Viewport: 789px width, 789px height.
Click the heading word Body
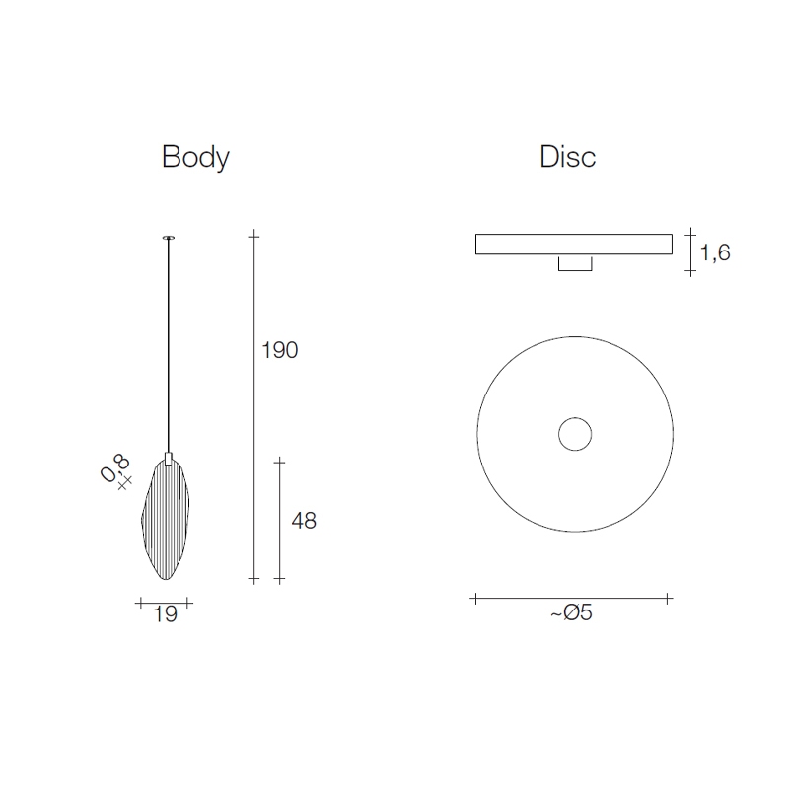click(x=195, y=157)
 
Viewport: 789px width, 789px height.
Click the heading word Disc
click(x=568, y=157)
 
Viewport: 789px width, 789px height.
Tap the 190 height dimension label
click(x=280, y=350)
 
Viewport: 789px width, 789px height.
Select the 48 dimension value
click(x=304, y=521)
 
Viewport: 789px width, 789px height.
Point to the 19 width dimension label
click(x=165, y=614)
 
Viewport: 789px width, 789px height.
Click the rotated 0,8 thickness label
click(x=115, y=467)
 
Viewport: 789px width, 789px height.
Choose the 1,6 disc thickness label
click(x=715, y=252)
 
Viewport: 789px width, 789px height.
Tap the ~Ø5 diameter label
click(x=571, y=612)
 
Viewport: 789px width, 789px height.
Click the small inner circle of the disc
click(x=575, y=417)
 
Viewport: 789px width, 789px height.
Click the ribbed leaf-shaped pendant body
click(x=166, y=520)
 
